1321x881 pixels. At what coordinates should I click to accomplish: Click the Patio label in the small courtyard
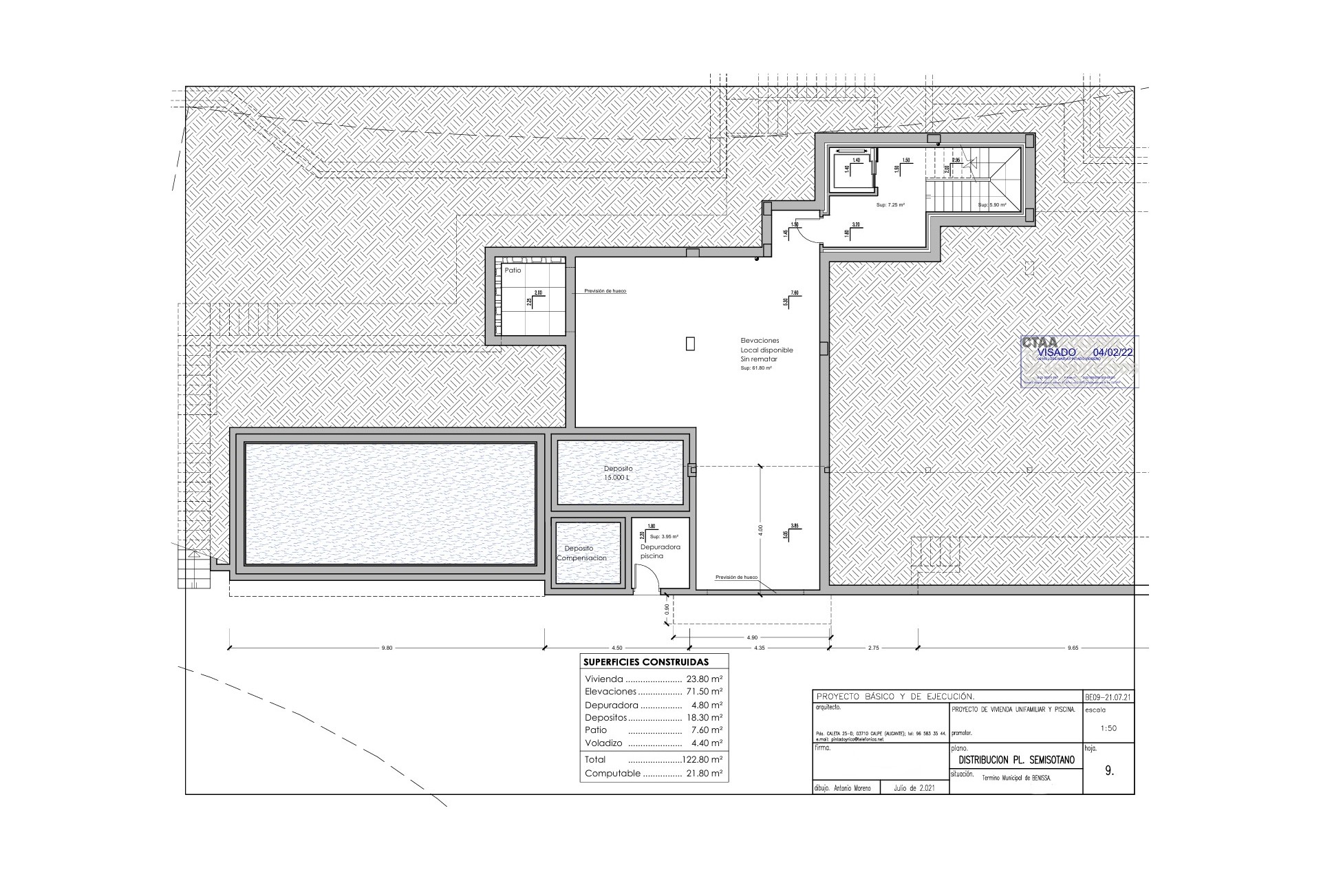[x=513, y=270]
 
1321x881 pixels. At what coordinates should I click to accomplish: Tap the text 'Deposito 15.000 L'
[x=617, y=473]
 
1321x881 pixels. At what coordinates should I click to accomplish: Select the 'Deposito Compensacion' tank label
[x=581, y=553]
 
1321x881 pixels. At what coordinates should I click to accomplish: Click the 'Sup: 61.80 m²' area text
[x=755, y=369]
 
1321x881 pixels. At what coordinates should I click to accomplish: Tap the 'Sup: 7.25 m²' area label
[x=890, y=205]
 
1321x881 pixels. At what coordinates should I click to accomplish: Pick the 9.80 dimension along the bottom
[x=387, y=648]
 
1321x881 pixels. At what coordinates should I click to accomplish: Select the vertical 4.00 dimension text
[x=760, y=531]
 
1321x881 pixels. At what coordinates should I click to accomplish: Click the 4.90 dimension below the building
[x=751, y=637]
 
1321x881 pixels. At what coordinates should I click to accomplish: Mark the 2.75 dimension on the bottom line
[x=873, y=648]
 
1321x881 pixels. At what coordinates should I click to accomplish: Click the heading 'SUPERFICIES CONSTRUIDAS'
[x=645, y=662]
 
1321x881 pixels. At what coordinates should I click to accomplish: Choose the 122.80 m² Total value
[x=702, y=760]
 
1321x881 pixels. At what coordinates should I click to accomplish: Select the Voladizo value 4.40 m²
[x=707, y=743]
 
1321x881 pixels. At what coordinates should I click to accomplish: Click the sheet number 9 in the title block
[x=1108, y=772]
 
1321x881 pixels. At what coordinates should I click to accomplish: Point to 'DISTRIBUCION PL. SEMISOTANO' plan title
[x=1015, y=761]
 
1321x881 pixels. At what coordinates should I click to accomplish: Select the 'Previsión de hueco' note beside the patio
[x=605, y=291]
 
